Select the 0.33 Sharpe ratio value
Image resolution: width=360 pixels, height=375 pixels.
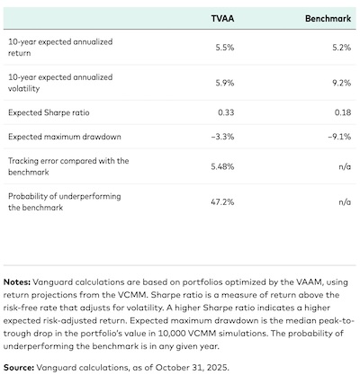pos(238,112)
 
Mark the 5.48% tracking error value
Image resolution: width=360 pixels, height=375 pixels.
pos(234,166)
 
